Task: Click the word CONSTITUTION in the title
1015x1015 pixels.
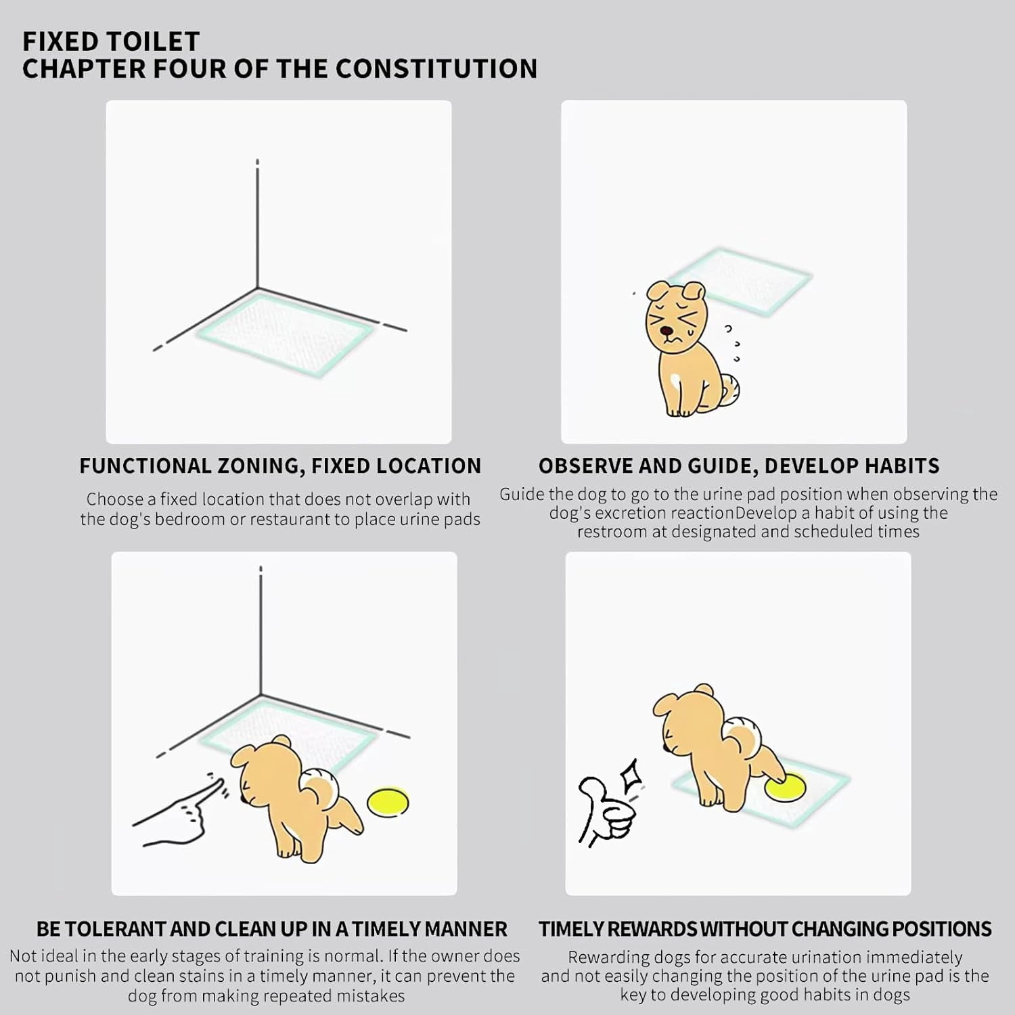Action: (436, 68)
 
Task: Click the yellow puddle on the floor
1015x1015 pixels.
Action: (388, 802)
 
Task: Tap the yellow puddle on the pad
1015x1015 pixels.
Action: (786, 787)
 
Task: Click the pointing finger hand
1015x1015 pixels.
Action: (179, 809)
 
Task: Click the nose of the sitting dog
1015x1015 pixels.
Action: (669, 332)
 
